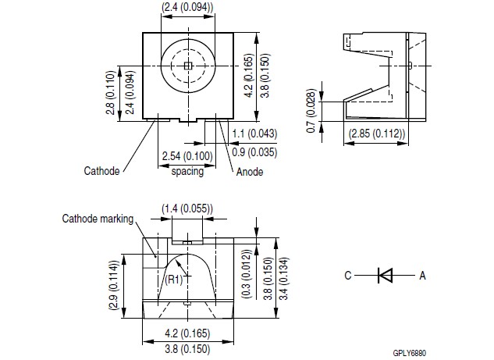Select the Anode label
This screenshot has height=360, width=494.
pyautogui.click(x=249, y=172)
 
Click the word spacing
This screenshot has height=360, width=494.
pyautogui.click(x=187, y=171)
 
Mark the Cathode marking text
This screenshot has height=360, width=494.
pyautogui.click(x=98, y=219)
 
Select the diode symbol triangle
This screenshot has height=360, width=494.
pyautogui.click(x=385, y=274)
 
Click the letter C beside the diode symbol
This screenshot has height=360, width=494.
pyautogui.click(x=349, y=275)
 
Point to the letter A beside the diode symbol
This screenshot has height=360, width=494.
pyautogui.click(x=422, y=275)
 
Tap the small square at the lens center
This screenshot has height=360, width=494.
pyautogui.click(x=187, y=66)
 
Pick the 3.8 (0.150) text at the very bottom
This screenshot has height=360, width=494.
pyautogui.click(x=187, y=349)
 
